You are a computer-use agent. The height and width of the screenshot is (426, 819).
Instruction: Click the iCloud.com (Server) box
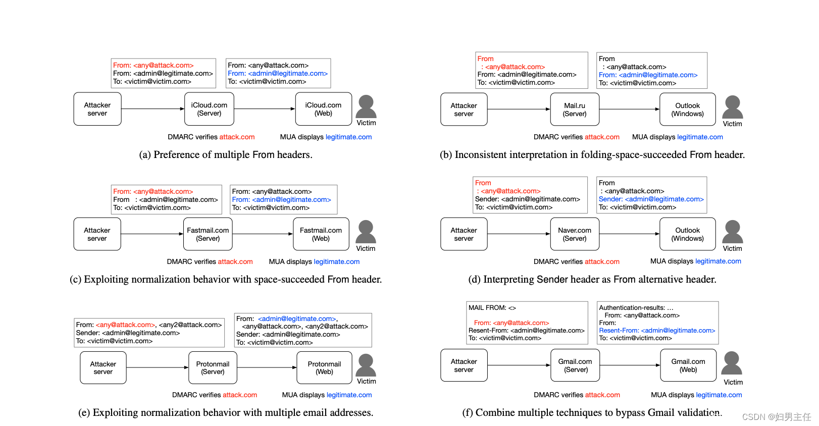tap(209, 109)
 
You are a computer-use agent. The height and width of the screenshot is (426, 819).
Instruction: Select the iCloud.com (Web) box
tap(323, 109)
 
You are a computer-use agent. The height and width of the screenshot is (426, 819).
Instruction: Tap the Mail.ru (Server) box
tap(575, 110)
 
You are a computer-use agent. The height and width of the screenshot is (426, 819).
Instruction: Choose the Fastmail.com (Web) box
tap(321, 234)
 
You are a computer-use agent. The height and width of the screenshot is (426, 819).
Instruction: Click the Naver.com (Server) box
tap(575, 234)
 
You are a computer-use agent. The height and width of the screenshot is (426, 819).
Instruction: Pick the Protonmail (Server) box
tap(213, 368)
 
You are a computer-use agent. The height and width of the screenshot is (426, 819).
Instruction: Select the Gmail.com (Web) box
tap(688, 365)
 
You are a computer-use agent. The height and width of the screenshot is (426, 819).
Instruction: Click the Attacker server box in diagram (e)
tap(103, 368)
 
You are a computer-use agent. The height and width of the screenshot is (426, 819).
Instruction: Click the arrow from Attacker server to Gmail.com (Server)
tap(519, 365)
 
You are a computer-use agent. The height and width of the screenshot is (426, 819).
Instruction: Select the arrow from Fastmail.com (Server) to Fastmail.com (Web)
tap(263, 234)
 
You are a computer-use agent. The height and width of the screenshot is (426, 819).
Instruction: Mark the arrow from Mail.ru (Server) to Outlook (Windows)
tap(629, 109)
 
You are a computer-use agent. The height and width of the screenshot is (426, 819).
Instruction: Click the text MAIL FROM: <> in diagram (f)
tap(492, 307)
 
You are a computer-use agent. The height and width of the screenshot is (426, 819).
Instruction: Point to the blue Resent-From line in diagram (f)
tap(657, 331)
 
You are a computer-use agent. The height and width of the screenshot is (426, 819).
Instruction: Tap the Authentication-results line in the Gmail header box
tap(636, 307)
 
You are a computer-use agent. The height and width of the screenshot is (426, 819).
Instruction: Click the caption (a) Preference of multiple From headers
tap(226, 155)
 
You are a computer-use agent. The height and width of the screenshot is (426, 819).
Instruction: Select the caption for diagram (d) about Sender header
tap(592, 280)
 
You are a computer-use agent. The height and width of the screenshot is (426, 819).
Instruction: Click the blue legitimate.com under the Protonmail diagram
tap(349, 395)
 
